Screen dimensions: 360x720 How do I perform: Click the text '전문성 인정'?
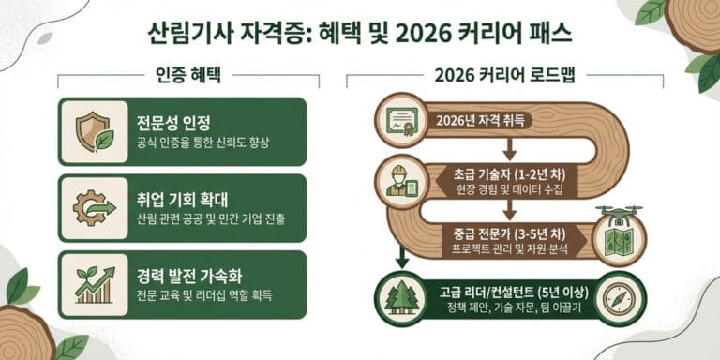click(x=172, y=122)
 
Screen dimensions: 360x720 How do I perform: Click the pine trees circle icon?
click(x=403, y=297)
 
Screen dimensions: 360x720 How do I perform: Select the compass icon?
click(x=620, y=297)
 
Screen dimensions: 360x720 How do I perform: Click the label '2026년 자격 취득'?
click(x=481, y=120)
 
